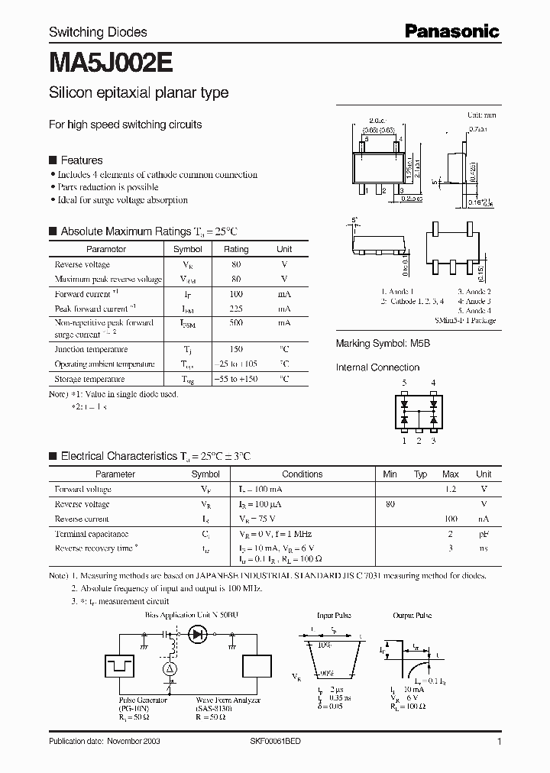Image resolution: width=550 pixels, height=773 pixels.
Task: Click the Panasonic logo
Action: [451, 31]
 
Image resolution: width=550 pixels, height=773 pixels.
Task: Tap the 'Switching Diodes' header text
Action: [98, 32]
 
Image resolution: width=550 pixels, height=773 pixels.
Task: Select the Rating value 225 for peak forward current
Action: [236, 309]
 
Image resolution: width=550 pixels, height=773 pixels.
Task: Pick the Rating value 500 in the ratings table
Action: [236, 323]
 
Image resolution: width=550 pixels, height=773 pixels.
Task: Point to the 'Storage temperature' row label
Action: [89, 379]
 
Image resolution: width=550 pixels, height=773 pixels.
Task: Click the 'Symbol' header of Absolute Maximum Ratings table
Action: [187, 249]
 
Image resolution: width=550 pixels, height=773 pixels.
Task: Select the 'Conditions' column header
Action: [302, 474]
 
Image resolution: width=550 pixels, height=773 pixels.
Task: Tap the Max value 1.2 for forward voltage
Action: [451, 489]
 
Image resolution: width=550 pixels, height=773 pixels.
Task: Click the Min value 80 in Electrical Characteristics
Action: [390, 504]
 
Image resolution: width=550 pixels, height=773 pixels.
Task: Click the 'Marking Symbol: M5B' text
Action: [383, 344]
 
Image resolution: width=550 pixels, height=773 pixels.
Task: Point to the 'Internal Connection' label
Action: [377, 367]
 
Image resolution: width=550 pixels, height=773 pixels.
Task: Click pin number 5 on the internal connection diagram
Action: [405, 383]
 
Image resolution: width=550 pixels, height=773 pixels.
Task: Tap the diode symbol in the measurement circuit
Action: [199, 633]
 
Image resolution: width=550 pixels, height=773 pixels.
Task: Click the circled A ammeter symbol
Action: [170, 669]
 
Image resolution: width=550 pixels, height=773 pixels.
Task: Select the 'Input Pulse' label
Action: [333, 614]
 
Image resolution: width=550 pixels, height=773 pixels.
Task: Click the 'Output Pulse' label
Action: [413, 614]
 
